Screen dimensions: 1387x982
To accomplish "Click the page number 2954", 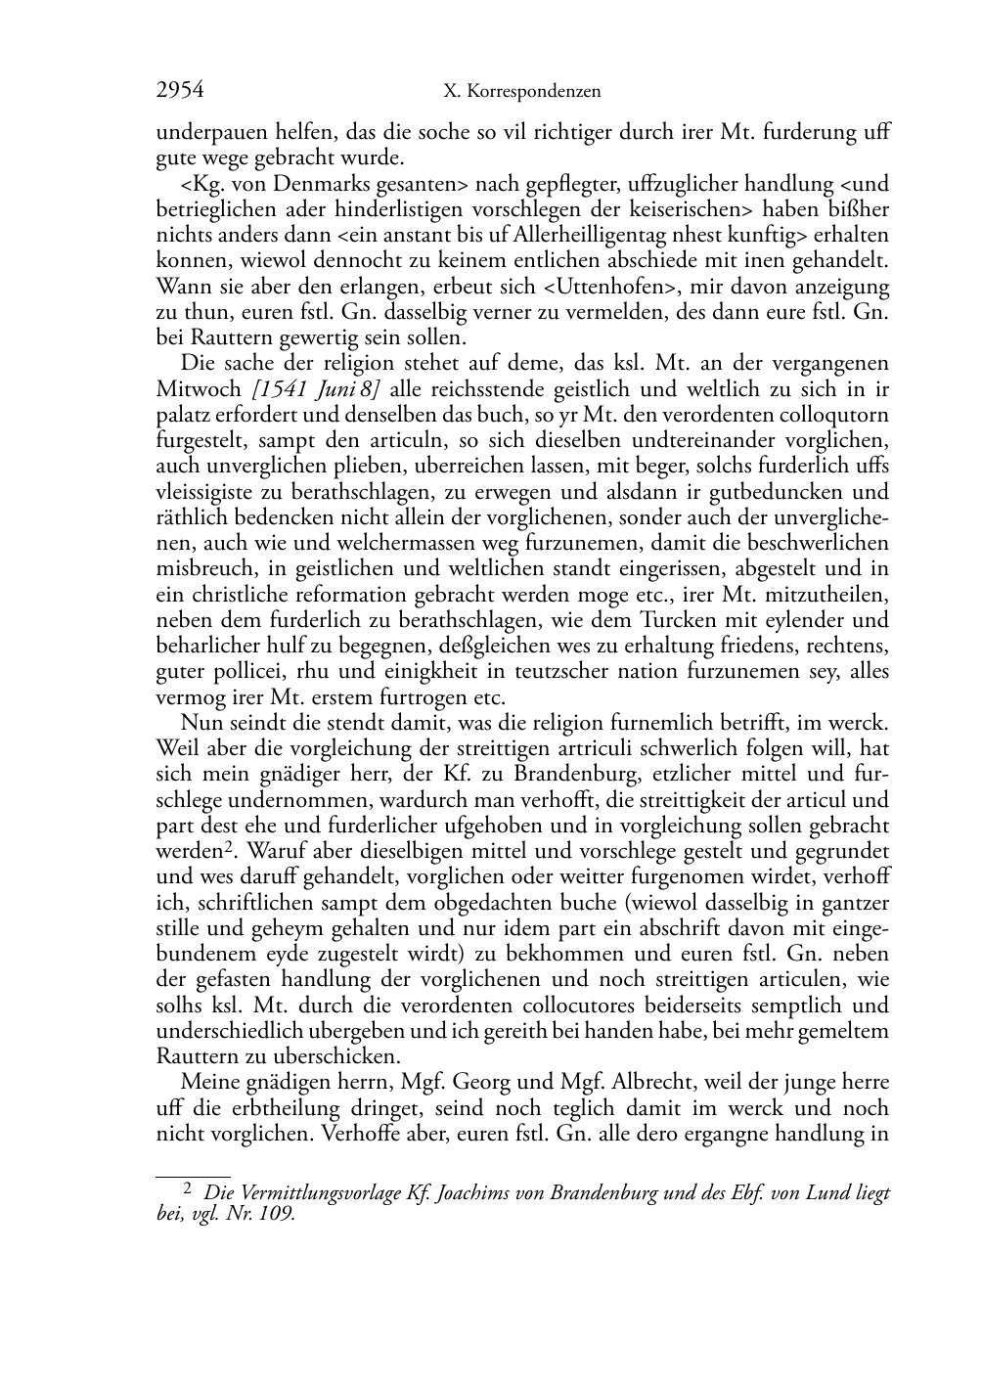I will click(x=180, y=91).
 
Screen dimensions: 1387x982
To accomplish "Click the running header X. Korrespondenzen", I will click(x=521, y=92).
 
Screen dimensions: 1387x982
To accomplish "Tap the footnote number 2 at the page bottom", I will click(x=189, y=1190).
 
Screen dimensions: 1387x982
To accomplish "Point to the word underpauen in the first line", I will click(x=204, y=133).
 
